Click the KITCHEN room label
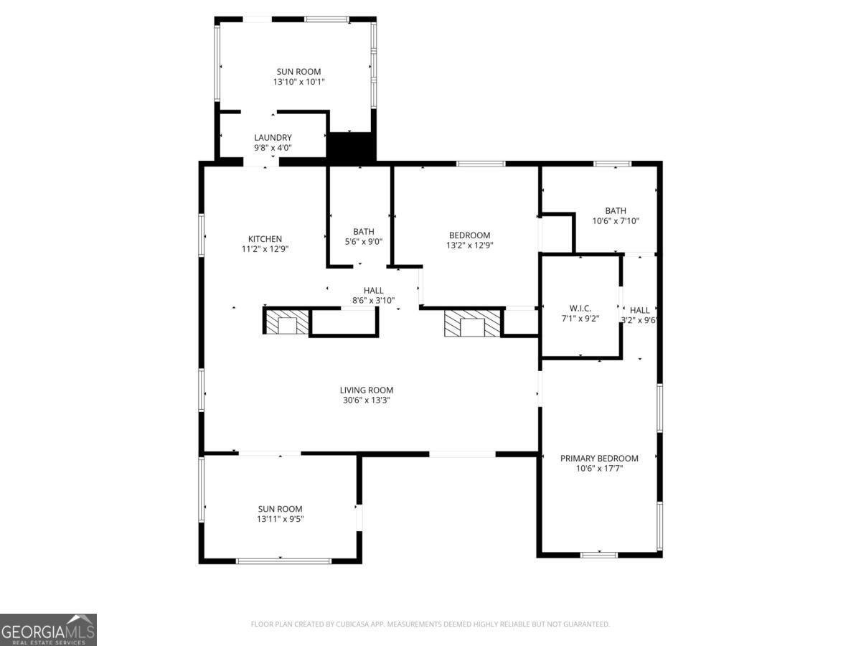265,239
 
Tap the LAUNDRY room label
273,138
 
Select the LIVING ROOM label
366,390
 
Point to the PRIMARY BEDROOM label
599,459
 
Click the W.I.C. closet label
580,309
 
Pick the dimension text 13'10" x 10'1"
298,82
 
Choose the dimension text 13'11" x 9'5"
280,519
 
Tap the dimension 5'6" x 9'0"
363,242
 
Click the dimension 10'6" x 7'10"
615,221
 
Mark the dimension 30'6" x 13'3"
366,401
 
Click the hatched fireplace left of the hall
287,322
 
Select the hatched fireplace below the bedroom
471,323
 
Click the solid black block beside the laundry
352,147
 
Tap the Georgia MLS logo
48,629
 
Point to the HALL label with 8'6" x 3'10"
373,291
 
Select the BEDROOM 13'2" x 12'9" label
469,235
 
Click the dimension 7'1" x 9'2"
580,318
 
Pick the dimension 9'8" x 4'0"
273,148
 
